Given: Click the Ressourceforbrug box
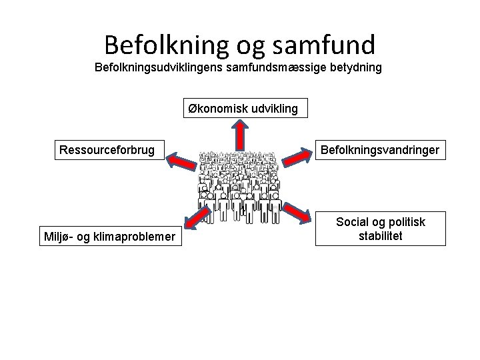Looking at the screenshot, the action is click(107, 150).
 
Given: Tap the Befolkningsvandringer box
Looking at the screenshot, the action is click(380, 150).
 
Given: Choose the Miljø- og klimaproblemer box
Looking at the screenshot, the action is click(109, 236).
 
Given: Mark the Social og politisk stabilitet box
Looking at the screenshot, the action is click(380, 229).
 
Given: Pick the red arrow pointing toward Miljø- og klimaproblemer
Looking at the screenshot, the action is click(192, 220).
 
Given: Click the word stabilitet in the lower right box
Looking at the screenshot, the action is click(380, 236).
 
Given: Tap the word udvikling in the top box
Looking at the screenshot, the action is click(271, 108).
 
